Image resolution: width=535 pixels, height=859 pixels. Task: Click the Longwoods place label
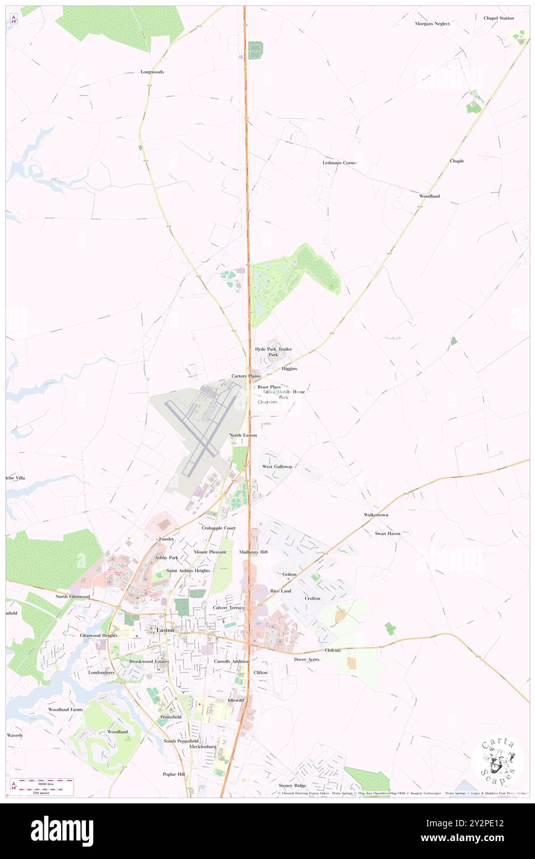(152, 72)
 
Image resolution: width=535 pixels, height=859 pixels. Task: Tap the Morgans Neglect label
(432, 23)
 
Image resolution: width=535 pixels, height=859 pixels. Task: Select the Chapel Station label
(498, 19)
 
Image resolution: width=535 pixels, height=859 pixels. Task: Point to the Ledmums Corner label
(340, 163)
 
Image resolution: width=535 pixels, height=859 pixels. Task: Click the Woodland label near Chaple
(429, 196)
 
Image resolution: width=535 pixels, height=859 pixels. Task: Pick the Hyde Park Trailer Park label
(273, 352)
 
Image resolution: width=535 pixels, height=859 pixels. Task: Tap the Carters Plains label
(246, 376)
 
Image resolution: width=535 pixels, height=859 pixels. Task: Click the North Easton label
(243, 436)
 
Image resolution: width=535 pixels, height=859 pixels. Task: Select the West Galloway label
(277, 467)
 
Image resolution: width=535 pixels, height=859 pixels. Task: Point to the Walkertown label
(376, 515)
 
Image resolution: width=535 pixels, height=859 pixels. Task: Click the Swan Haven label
(387, 533)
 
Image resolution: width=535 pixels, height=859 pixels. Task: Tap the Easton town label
(165, 630)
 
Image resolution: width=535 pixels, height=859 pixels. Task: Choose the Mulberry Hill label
(253, 552)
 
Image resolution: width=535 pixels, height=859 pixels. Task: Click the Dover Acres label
(306, 659)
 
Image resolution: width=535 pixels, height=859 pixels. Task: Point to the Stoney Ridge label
(292, 785)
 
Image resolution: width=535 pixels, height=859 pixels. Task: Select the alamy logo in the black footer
(62, 831)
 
